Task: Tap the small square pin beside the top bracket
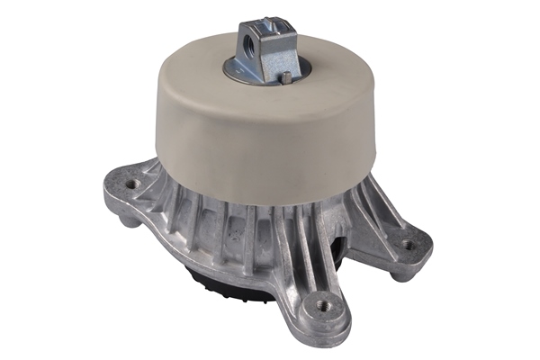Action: point(285,79)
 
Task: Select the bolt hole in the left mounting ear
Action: point(133,184)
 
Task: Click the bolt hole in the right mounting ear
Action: point(407,243)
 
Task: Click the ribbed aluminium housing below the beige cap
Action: point(243,234)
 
